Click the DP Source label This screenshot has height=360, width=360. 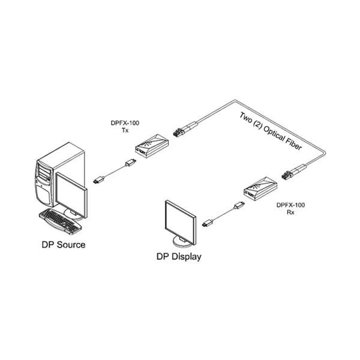63,244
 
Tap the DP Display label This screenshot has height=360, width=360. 179,257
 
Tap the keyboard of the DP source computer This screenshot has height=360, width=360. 59,220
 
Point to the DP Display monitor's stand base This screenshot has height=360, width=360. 184,242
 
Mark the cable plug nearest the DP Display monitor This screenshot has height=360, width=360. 208,223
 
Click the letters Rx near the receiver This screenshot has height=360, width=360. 290,212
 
